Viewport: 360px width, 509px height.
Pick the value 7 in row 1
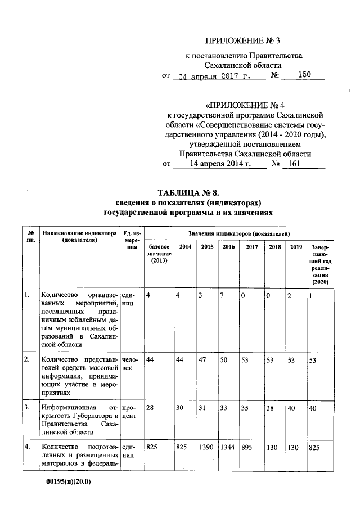[223, 295]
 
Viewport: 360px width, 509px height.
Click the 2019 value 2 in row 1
[289, 295]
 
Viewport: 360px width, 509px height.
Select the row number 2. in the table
[26, 359]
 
